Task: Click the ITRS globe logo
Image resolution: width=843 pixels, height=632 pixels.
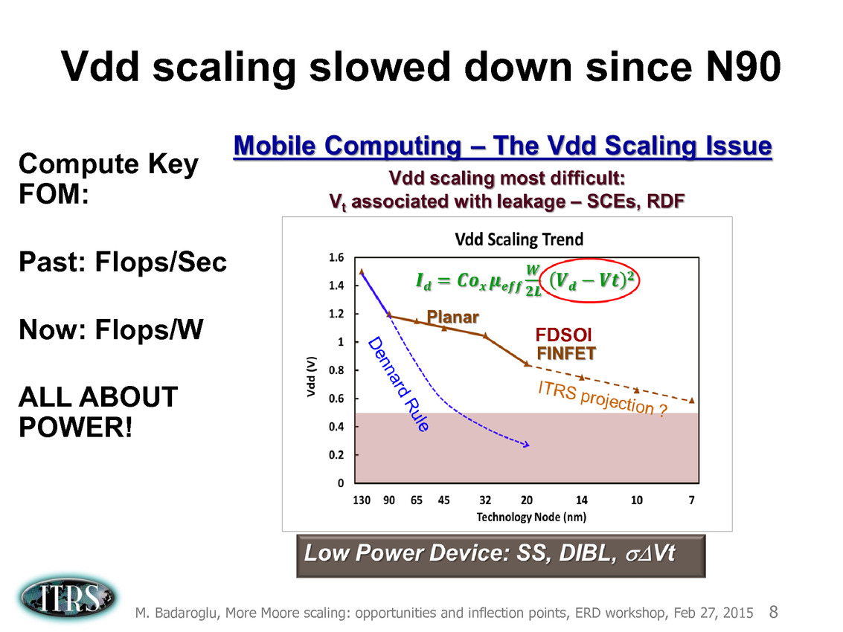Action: pyautogui.click(x=67, y=598)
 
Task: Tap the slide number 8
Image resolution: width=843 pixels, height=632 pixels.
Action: pyautogui.click(x=774, y=612)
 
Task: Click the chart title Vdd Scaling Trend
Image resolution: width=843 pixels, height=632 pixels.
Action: pyautogui.click(x=519, y=239)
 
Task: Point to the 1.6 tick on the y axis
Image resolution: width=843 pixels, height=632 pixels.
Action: pyautogui.click(x=336, y=258)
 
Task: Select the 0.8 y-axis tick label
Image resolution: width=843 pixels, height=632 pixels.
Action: pyautogui.click(x=336, y=370)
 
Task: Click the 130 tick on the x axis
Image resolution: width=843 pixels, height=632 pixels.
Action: pyautogui.click(x=362, y=500)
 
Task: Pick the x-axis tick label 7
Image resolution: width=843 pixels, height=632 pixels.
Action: pyautogui.click(x=691, y=500)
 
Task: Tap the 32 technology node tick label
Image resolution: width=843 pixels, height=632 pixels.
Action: pyautogui.click(x=485, y=500)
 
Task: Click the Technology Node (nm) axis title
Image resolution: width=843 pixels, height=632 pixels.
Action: pyautogui.click(x=531, y=517)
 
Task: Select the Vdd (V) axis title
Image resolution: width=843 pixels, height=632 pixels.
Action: pyautogui.click(x=311, y=377)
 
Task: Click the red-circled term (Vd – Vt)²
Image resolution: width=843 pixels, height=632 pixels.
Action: pyautogui.click(x=591, y=280)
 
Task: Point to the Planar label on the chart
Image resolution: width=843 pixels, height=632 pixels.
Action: pyautogui.click(x=452, y=317)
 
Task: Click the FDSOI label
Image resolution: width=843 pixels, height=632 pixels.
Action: pyautogui.click(x=563, y=335)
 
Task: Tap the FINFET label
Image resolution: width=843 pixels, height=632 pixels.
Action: pyautogui.click(x=566, y=354)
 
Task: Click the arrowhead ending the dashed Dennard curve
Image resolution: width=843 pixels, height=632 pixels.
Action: pyautogui.click(x=526, y=445)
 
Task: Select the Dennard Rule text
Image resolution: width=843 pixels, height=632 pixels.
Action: pyautogui.click(x=398, y=384)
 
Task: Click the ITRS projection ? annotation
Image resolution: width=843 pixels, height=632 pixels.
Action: pyautogui.click(x=603, y=399)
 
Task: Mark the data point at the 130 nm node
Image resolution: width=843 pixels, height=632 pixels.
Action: pyautogui.click(x=362, y=272)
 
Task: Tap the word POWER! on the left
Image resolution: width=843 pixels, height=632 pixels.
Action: pyautogui.click(x=75, y=428)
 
